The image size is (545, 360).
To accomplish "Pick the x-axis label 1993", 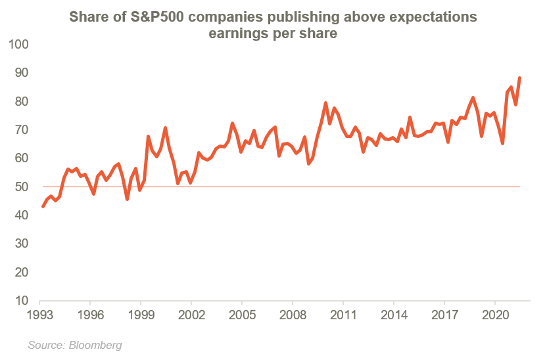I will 40,314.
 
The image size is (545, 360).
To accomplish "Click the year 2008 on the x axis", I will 293,314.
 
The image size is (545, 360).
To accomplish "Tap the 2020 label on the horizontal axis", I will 494,314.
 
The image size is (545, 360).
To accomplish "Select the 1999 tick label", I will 141,314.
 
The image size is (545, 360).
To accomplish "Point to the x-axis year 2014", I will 393,314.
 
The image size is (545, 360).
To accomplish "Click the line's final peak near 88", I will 520,78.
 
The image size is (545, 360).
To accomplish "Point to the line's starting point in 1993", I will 43,207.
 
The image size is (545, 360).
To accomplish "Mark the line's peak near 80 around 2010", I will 325,102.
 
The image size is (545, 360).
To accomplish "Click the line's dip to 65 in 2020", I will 502,144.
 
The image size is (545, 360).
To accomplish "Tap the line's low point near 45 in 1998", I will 127,199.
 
